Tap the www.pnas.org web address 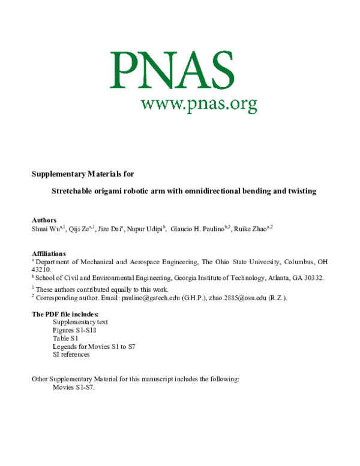click(x=199, y=104)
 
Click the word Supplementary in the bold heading click(x=58, y=175)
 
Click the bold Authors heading click(x=44, y=220)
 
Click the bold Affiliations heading click(x=49, y=253)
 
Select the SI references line click(x=71, y=354)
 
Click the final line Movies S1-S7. click(x=74, y=388)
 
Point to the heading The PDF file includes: click(x=65, y=314)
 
